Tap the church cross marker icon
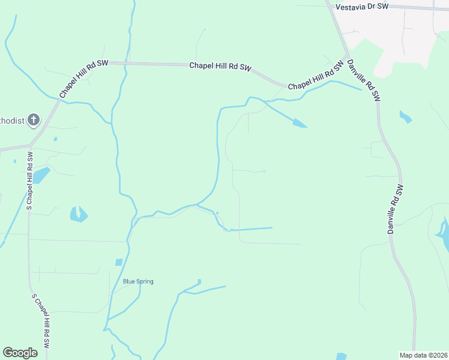click(x=34, y=120)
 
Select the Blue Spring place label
click(x=138, y=281)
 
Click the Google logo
click(x=20, y=353)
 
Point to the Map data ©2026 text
click(x=423, y=355)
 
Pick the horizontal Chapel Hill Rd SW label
click(x=220, y=67)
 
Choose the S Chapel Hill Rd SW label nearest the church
click(x=28, y=180)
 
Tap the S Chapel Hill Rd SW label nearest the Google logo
click(x=41, y=323)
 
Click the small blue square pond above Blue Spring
click(x=119, y=262)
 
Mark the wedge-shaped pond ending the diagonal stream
click(x=299, y=124)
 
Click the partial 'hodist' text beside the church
click(x=13, y=121)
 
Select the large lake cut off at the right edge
click(x=444, y=234)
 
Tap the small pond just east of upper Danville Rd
click(x=405, y=116)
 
